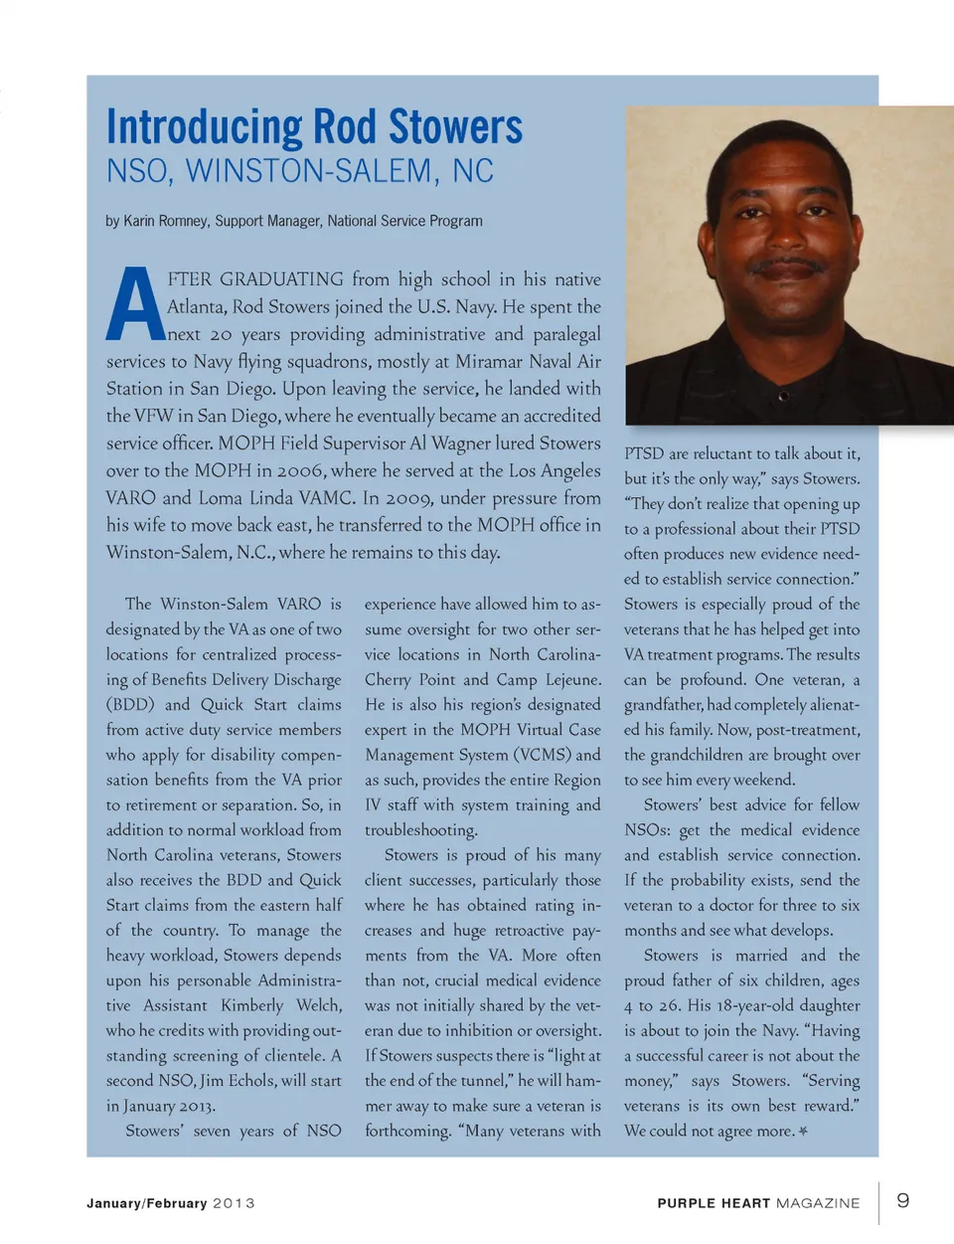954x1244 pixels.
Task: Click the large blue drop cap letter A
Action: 134,305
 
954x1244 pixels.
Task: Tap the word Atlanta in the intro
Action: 196,306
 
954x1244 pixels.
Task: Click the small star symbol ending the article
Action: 803,1132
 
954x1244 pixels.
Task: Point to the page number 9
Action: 902,1200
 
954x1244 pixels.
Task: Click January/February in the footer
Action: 146,1203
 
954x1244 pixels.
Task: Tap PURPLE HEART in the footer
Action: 714,1203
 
